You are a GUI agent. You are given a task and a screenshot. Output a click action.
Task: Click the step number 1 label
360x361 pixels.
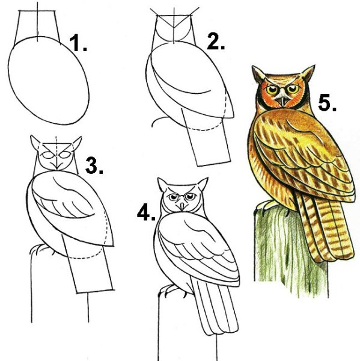(78, 43)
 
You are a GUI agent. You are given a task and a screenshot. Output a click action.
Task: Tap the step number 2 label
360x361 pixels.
(216, 41)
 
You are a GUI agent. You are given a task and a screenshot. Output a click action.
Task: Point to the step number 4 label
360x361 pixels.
(146, 212)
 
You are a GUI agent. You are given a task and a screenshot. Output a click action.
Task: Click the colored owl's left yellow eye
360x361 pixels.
(272, 89)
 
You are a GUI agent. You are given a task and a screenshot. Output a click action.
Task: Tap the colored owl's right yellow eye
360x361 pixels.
(293, 88)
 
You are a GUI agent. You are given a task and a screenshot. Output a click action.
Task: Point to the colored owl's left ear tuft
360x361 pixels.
(258, 74)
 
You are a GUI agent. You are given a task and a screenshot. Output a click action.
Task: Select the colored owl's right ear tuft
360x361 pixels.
(308, 73)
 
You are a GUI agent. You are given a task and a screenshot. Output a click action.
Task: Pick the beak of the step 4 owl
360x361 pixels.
(182, 206)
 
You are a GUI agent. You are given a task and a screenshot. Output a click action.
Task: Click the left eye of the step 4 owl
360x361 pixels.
(173, 197)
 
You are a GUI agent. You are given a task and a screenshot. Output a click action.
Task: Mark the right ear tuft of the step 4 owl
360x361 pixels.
(203, 184)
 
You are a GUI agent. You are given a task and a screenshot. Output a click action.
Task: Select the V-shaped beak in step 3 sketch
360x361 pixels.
(56, 166)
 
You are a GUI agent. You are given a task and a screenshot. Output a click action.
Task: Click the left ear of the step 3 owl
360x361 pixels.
(35, 143)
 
